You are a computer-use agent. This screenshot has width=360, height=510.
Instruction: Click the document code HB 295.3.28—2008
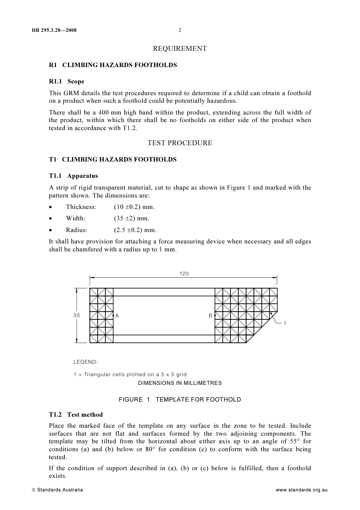54,30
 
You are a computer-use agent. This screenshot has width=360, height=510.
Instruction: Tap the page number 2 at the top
180,30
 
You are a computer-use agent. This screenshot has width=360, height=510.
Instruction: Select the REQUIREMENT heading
180,49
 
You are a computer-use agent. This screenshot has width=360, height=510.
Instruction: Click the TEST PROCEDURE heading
180,143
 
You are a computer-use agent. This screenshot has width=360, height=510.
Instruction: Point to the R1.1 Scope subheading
67,82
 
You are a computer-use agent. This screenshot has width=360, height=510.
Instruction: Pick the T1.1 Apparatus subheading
73,176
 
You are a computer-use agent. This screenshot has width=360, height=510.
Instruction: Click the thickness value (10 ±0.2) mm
134,207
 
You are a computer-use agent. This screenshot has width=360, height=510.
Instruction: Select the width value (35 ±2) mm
131,218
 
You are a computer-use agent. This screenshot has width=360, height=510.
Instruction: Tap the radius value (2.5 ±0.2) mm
135,230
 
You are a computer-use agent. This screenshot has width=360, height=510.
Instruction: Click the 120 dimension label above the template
184,274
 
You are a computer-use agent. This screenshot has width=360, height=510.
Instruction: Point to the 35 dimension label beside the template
77,315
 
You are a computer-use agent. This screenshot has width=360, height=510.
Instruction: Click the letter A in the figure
117,315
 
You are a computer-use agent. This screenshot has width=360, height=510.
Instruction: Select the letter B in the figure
210,315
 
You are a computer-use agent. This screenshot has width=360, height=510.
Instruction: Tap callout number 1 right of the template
285,323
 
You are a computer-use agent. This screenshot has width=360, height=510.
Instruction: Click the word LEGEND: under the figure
86,362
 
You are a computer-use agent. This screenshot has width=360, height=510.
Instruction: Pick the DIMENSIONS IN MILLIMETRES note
180,383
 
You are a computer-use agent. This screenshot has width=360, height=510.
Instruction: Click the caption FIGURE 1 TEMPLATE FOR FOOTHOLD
180,400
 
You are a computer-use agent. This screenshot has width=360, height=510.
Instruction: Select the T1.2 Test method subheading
76,415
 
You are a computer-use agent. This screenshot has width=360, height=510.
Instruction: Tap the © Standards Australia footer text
57,490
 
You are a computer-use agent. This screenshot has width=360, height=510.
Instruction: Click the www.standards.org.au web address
301,490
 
